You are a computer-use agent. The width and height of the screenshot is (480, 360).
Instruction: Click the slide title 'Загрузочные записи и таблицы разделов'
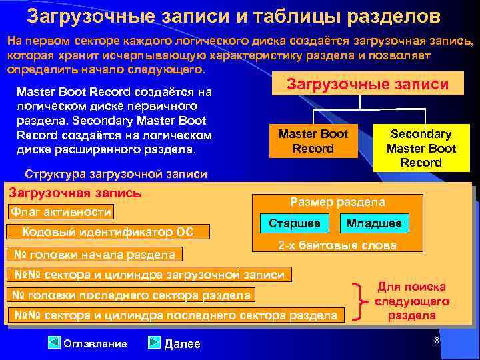tap(233, 15)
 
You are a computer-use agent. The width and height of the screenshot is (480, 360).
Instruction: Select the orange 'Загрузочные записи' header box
tap(367, 83)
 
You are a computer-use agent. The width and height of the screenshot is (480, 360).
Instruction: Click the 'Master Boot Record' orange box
tap(313, 141)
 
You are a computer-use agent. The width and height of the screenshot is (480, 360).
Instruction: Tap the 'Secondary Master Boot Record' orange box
tap(421, 148)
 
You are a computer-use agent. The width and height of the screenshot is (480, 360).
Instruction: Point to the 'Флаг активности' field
tap(60, 213)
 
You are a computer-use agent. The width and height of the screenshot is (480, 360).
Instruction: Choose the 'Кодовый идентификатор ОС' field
tap(108, 232)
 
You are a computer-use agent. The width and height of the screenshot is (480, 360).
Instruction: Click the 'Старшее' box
tap(295, 223)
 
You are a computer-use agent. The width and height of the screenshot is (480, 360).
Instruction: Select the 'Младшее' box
tap(374, 223)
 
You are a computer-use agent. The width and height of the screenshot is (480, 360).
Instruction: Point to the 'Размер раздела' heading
tap(337, 202)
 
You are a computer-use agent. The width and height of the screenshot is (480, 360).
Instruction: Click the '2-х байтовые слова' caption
tap(337, 245)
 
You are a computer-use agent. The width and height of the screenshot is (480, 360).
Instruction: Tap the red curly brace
tap(361, 301)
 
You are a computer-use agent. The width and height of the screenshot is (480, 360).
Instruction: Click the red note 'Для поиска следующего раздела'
tap(412, 301)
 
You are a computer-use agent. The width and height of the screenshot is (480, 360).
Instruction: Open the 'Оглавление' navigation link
tap(88, 343)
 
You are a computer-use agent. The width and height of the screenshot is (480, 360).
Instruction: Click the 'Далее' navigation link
tap(175, 343)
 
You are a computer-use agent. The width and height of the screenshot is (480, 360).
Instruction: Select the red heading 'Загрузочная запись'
tap(75, 193)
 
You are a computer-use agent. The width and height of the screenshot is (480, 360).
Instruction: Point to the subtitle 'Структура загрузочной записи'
tap(115, 175)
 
